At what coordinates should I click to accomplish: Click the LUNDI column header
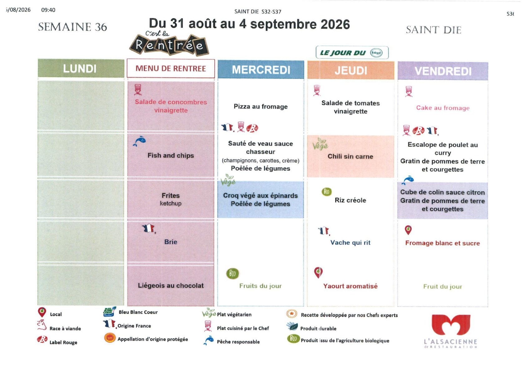pyautogui.click(x=81, y=68)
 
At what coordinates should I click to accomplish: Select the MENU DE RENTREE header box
pyautogui.click(x=171, y=68)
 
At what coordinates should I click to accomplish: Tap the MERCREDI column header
pyautogui.click(x=261, y=69)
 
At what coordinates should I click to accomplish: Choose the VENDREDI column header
pyautogui.click(x=443, y=71)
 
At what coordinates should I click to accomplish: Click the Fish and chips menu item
pyautogui.click(x=171, y=156)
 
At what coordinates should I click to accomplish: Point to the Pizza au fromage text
pyautogui.click(x=261, y=106)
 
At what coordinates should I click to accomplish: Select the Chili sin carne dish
pyautogui.click(x=351, y=156)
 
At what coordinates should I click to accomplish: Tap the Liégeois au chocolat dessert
pyautogui.click(x=171, y=285)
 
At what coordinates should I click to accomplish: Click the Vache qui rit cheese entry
pyautogui.click(x=351, y=242)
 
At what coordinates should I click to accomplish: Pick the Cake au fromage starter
pyautogui.click(x=443, y=108)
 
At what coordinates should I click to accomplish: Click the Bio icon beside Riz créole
pyautogui.click(x=326, y=192)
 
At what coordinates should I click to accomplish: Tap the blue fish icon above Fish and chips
pyautogui.click(x=140, y=141)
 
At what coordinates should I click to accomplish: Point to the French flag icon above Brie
pyautogui.click(x=149, y=228)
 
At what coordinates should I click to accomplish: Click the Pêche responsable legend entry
pyautogui.click(x=232, y=340)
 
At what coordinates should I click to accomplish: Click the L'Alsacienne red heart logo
pyautogui.click(x=451, y=324)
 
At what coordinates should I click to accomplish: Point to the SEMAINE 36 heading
pyautogui.click(x=72, y=27)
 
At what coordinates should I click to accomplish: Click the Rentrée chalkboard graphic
pyautogui.click(x=169, y=44)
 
